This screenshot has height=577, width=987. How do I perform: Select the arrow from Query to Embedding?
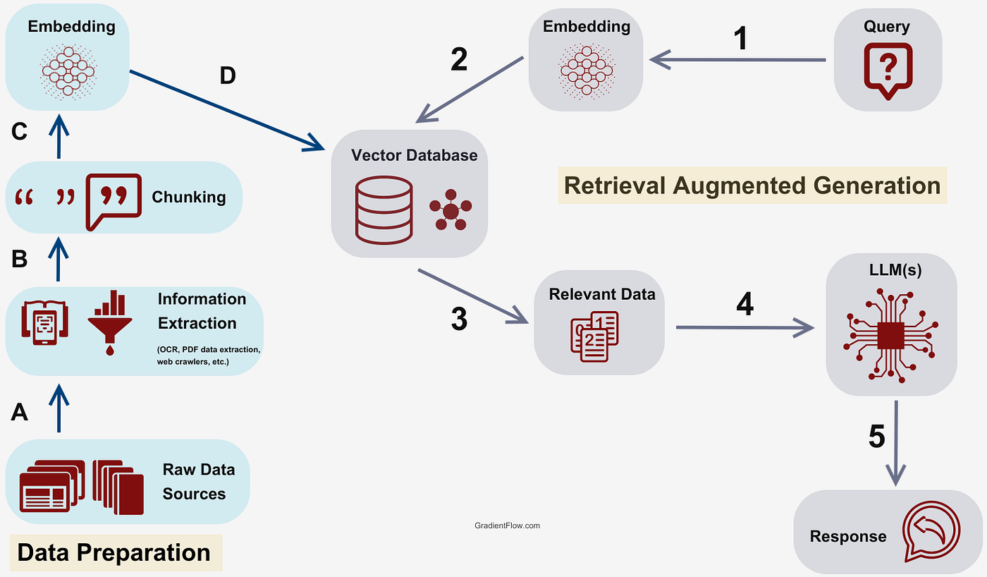click(737, 60)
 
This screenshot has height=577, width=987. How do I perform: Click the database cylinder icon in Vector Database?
click(384, 210)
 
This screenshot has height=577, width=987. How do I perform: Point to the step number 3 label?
click(458, 319)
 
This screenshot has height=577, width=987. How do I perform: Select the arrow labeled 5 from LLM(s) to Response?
click(895, 444)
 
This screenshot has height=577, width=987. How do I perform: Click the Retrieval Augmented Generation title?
click(752, 185)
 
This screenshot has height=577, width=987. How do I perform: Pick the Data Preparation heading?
click(114, 552)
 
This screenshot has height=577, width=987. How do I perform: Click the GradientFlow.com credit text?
click(508, 526)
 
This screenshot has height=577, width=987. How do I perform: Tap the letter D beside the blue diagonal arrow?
click(227, 75)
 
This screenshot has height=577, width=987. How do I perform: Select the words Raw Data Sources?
click(198, 482)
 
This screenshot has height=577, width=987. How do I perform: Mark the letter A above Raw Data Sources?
click(20, 412)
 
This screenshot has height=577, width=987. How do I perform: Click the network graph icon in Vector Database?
click(450, 211)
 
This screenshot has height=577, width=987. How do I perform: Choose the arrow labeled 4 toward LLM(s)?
click(744, 327)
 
